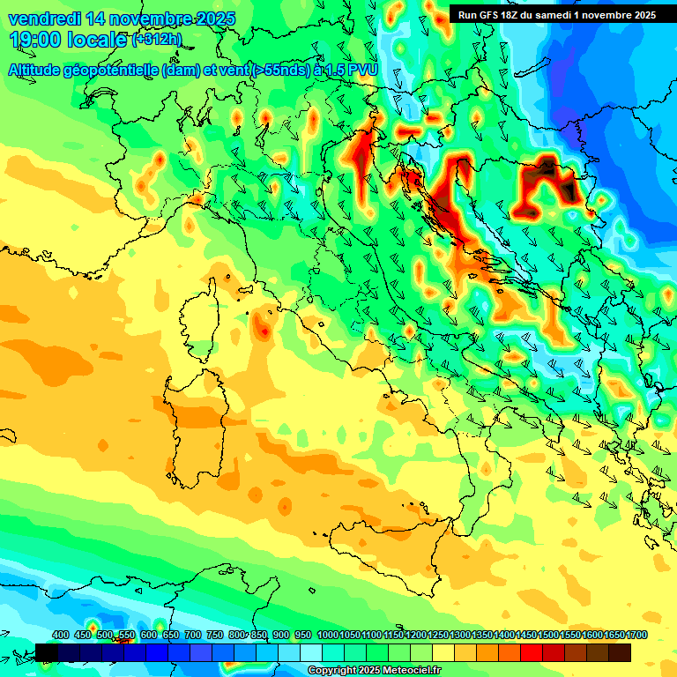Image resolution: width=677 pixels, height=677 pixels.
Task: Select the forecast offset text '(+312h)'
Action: (156, 40)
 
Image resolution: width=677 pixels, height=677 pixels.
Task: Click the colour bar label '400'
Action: (61, 636)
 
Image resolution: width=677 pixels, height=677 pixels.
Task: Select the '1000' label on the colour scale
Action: (327, 636)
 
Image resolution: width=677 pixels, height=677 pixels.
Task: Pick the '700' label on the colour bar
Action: (193, 636)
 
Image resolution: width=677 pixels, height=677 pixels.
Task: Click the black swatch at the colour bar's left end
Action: (47, 651)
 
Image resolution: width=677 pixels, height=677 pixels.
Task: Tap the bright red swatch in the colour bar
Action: (532, 651)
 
